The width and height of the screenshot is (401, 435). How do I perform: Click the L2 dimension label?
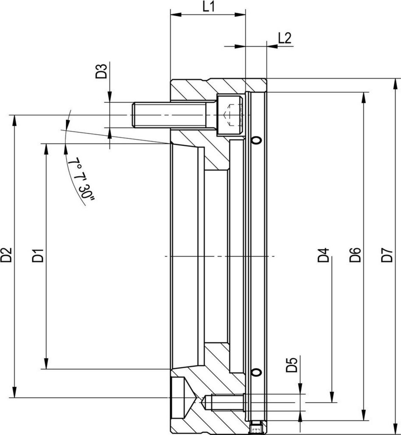click(x=285, y=38)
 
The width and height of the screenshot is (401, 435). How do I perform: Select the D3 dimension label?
click(x=101, y=71)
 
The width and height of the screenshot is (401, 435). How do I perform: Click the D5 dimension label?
click(x=292, y=365)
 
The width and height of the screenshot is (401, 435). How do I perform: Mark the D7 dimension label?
click(x=387, y=255)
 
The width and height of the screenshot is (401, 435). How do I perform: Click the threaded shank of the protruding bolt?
click(x=170, y=115)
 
